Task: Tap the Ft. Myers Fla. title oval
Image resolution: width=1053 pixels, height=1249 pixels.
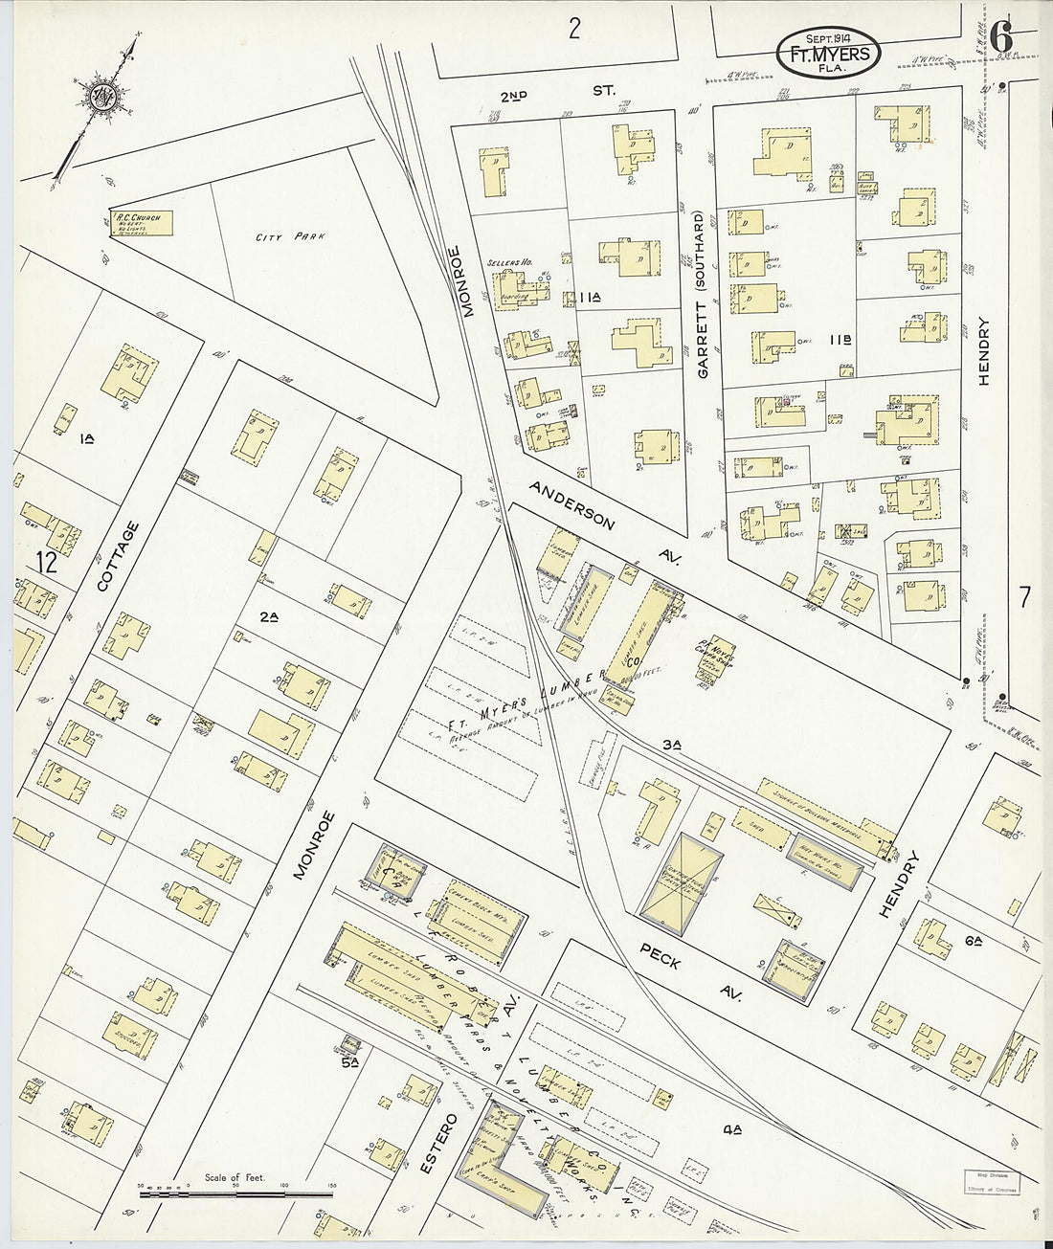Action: click(x=829, y=54)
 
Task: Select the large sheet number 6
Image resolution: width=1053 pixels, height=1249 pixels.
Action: click(x=1001, y=38)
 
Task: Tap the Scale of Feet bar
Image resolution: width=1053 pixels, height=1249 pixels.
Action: click(x=235, y=1193)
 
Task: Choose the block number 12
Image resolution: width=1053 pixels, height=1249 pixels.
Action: click(x=45, y=563)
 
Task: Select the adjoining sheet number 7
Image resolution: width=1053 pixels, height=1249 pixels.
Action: click(x=1024, y=598)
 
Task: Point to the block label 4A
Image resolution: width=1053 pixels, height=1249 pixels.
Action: click(x=733, y=1130)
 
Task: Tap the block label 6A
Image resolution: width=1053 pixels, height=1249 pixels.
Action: click(x=975, y=942)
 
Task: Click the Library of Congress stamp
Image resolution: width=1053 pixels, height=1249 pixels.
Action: click(x=990, y=1181)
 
